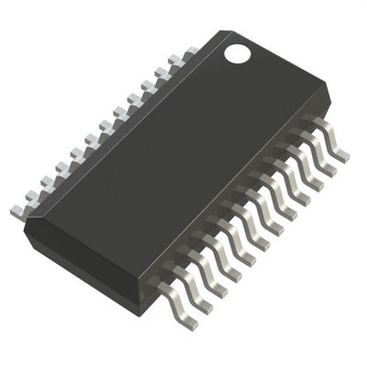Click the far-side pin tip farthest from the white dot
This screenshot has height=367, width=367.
[x=16, y=212]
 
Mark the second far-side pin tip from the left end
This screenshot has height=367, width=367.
[x=30, y=196]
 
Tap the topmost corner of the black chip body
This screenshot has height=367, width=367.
[x=226, y=31]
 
